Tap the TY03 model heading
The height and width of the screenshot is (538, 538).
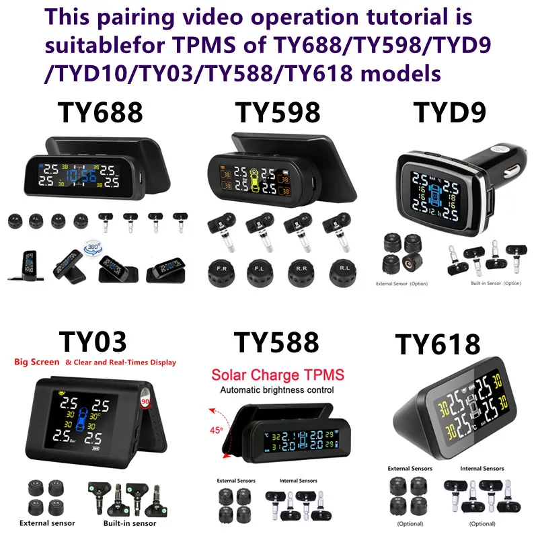click(x=92, y=340)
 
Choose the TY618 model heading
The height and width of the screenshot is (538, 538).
click(x=438, y=344)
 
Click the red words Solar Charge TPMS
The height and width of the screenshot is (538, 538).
click(x=278, y=375)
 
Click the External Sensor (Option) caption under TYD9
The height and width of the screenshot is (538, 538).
click(x=402, y=283)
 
